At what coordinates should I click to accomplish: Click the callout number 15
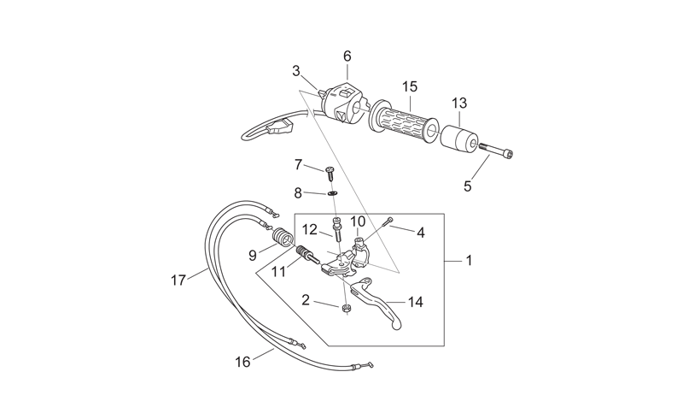coord(410,87)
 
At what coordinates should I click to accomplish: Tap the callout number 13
coord(459,103)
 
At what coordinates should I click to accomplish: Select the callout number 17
coord(178,280)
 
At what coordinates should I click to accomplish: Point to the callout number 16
coord(242,362)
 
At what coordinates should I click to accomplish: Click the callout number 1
coord(469,261)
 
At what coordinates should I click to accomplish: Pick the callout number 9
coord(253,256)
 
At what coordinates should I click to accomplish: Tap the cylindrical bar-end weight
coord(459,138)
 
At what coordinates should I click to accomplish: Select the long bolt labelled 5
coord(496,150)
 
